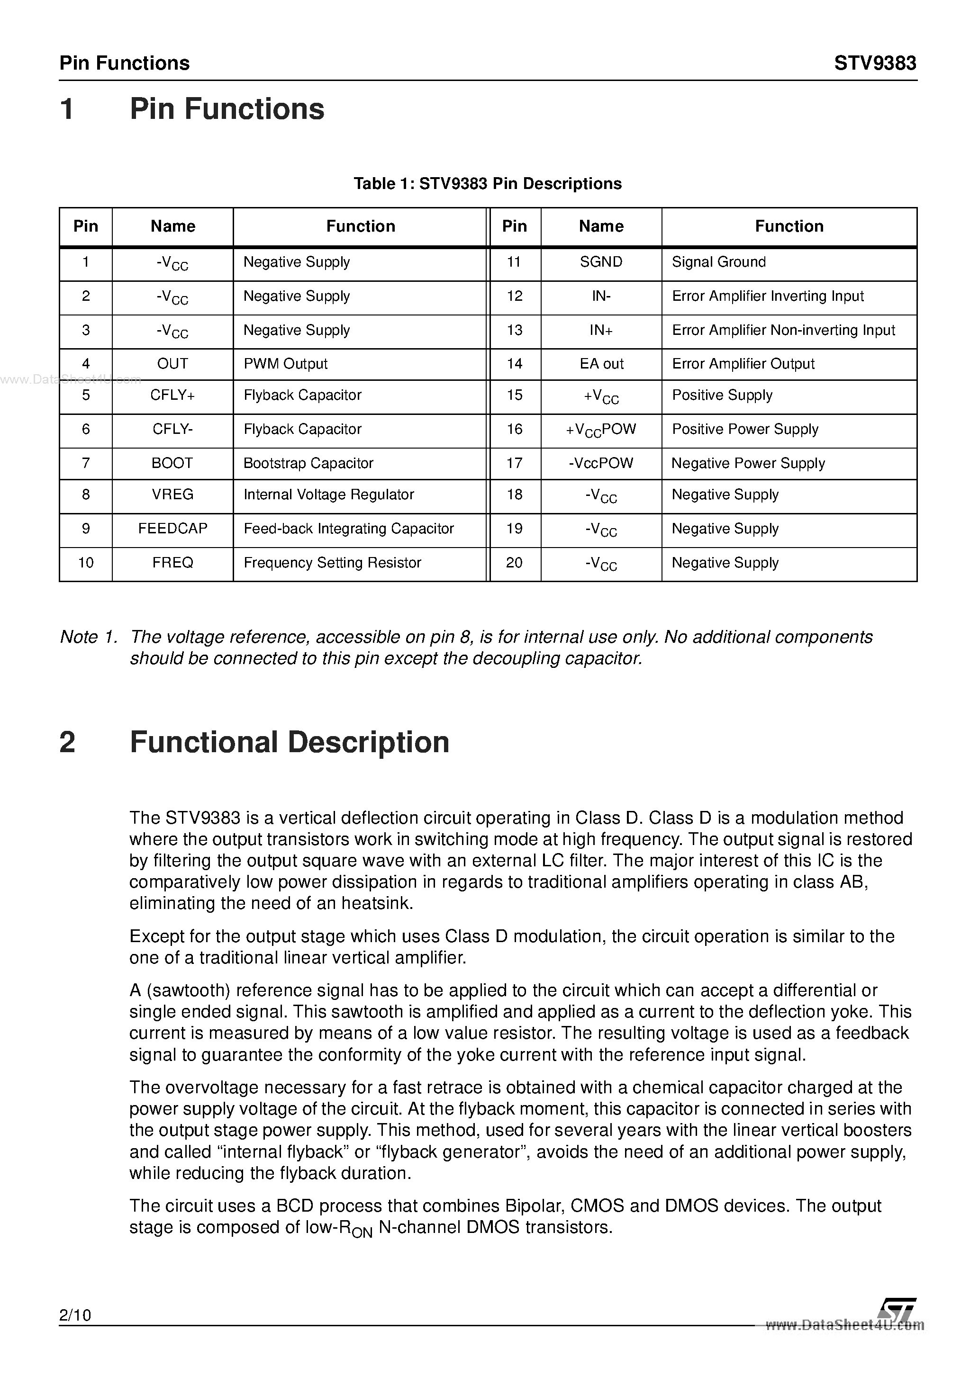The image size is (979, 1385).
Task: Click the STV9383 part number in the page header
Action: click(875, 63)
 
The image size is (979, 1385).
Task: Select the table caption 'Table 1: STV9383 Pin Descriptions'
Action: click(488, 183)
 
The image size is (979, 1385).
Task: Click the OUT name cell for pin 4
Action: click(172, 364)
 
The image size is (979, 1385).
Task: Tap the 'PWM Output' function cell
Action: click(285, 364)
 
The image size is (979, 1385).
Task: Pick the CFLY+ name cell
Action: click(172, 395)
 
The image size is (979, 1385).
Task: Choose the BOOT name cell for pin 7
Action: click(172, 463)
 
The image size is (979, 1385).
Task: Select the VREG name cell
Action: click(172, 495)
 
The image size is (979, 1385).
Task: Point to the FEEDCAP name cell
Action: click(172, 529)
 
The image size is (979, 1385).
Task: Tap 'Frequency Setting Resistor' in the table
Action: click(333, 563)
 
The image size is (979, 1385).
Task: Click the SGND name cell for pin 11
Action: click(601, 262)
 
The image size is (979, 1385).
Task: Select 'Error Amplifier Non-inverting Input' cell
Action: click(783, 330)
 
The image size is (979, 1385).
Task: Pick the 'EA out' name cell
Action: click(601, 364)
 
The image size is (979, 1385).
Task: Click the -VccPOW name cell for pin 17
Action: click(601, 463)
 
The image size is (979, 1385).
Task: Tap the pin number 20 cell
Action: click(514, 563)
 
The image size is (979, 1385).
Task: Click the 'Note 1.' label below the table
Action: click(88, 637)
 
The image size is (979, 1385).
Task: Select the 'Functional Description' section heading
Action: click(289, 742)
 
